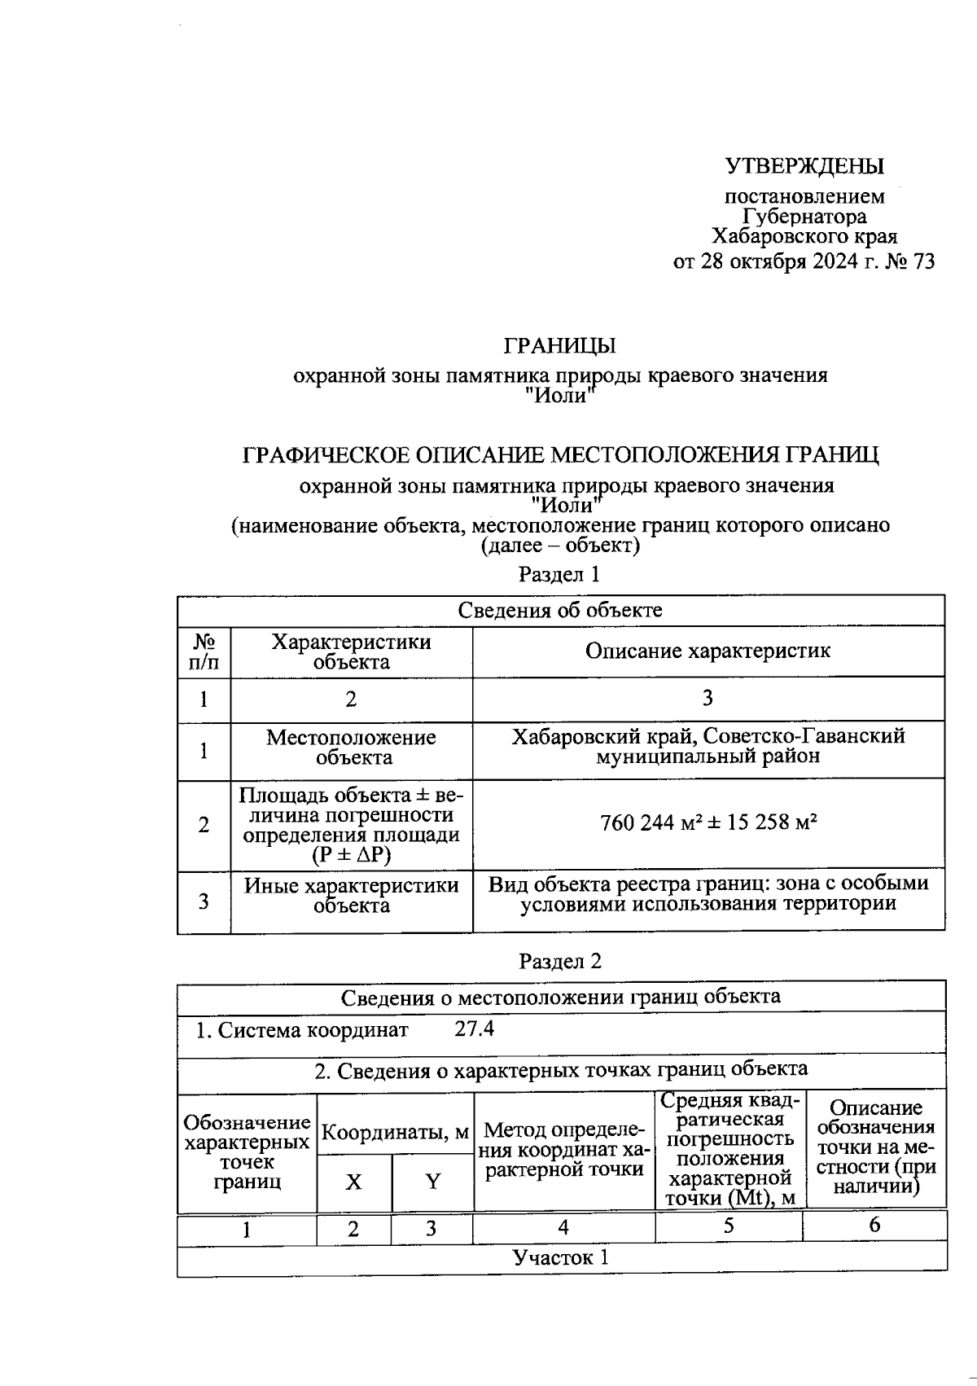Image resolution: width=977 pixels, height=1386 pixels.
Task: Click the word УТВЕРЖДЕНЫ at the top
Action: coord(804,166)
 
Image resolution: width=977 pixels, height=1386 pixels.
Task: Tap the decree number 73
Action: coord(924,261)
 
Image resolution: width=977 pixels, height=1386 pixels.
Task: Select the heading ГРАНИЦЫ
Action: coord(559,345)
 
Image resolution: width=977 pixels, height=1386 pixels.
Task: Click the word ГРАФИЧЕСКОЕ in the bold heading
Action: coord(327,454)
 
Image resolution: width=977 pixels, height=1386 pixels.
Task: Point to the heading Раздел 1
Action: coord(559,574)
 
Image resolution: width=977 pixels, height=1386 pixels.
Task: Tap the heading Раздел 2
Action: coord(559,961)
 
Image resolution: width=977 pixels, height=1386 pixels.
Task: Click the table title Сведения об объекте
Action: coord(560,610)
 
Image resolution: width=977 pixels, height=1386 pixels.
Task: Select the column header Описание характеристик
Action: coord(708,651)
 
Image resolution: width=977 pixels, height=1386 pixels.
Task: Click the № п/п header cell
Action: coord(204,651)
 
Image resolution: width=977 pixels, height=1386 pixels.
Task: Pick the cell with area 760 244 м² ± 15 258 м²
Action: coord(708,822)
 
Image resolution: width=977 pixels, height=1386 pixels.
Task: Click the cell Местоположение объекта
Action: coord(351,748)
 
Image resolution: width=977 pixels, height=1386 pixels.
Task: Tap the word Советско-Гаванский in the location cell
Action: coord(804,736)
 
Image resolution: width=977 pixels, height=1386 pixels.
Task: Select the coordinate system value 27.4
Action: coord(474,1029)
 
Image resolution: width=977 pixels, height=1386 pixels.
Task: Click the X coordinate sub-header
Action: coord(353,1182)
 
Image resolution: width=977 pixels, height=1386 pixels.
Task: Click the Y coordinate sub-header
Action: coord(432,1182)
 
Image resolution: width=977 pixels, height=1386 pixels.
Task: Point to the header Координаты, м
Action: coord(396,1133)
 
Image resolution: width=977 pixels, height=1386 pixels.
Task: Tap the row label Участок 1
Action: coord(561,1257)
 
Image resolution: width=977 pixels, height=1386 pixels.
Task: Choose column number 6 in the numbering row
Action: coord(874,1226)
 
